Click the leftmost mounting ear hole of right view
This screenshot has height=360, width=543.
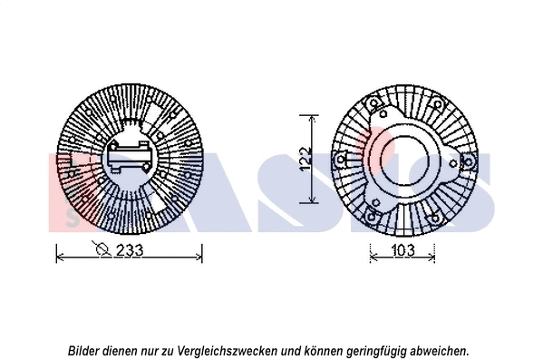[339, 161]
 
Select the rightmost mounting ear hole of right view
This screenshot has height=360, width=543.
[470, 161]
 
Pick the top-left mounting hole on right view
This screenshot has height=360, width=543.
[373, 107]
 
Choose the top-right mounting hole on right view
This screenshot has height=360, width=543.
[435, 105]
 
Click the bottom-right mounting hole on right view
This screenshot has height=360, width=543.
[439, 215]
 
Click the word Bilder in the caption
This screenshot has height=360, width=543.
[85, 349]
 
